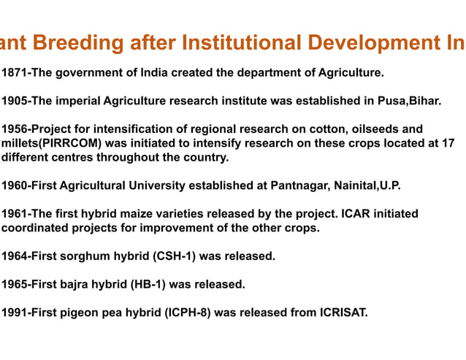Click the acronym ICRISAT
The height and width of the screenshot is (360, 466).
pyautogui.click(x=343, y=313)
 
